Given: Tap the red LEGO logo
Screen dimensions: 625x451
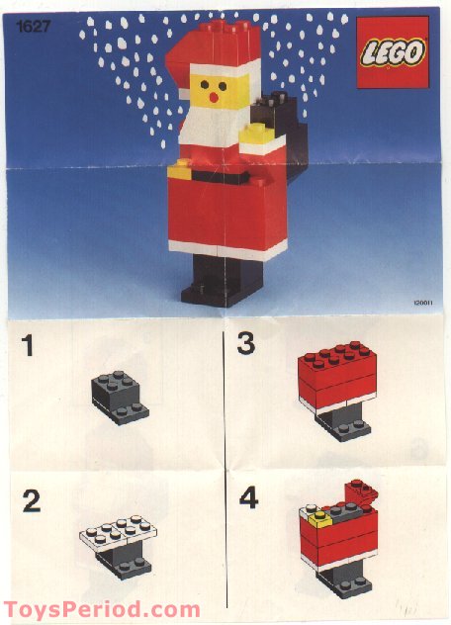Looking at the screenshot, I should pyautogui.click(x=393, y=52).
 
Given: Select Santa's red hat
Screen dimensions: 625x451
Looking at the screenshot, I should pyautogui.click(x=212, y=50).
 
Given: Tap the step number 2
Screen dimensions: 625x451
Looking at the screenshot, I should pyautogui.click(x=32, y=501).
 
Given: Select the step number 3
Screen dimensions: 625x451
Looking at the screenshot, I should pyautogui.click(x=246, y=345).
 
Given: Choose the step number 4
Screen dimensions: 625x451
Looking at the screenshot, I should pyautogui.click(x=248, y=497).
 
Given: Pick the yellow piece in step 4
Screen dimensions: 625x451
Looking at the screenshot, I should pyautogui.click(x=318, y=515).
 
